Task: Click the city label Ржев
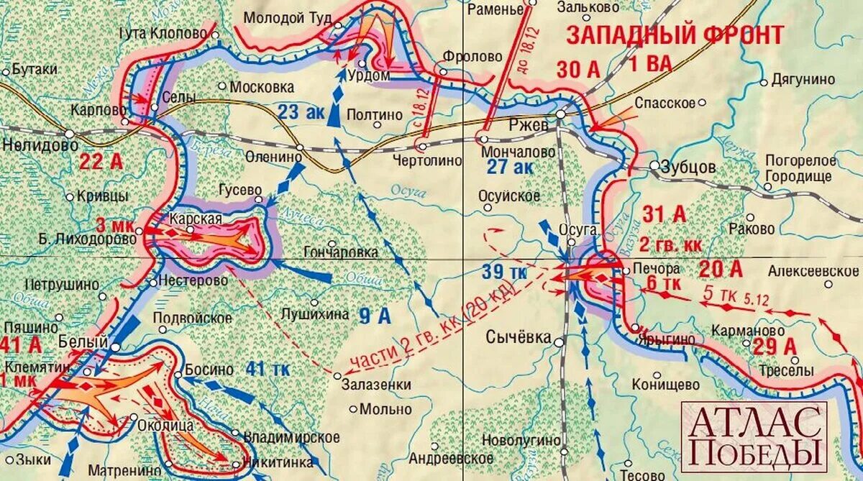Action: [x=529, y=124]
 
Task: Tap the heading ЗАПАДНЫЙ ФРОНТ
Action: [x=674, y=35]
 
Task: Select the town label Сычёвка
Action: [x=519, y=337]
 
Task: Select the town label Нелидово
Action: [x=30, y=145]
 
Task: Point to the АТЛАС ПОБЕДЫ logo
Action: [x=754, y=436]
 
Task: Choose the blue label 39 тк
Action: [x=505, y=273]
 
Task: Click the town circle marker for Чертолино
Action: [x=422, y=147]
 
